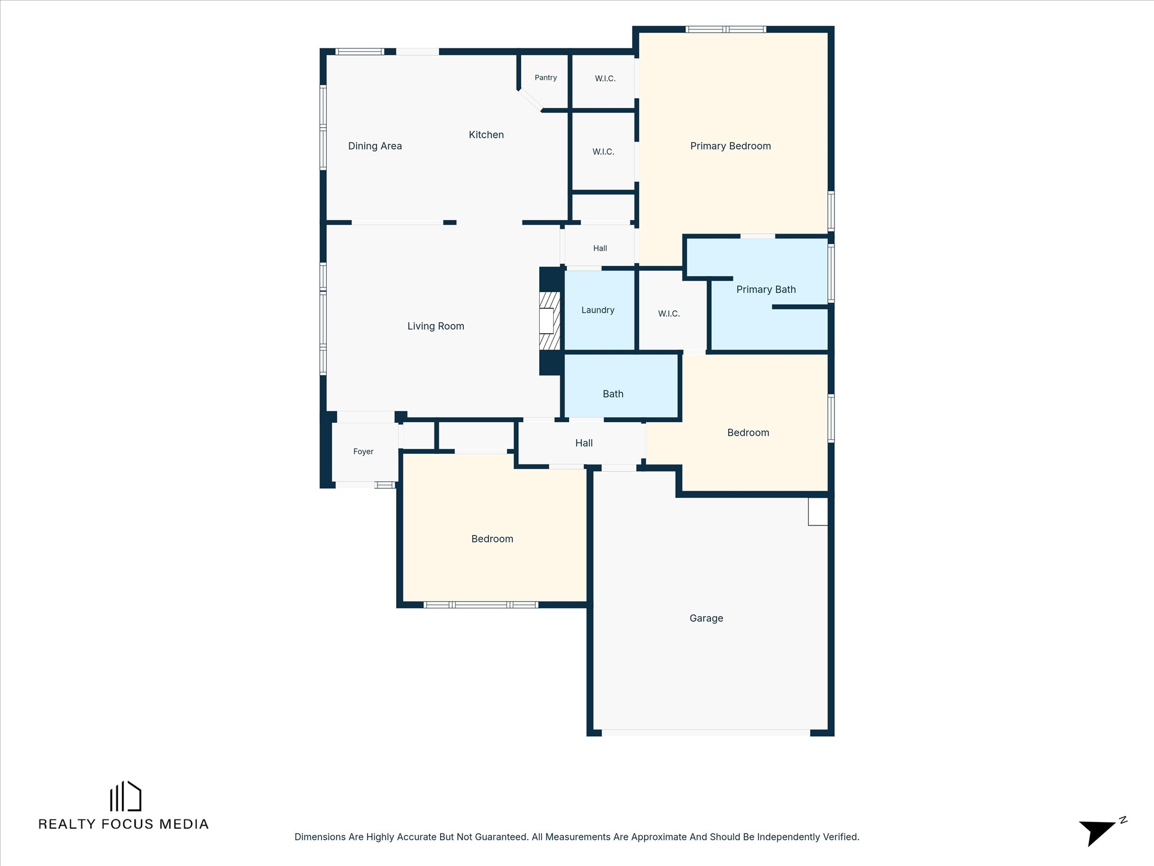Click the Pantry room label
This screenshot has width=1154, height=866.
[545, 78]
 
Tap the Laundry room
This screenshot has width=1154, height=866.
[599, 311]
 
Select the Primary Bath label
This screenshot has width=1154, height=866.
[766, 289]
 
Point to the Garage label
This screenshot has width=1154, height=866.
[706, 618]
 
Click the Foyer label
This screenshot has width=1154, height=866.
[363, 452]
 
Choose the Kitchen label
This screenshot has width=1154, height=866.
[486, 135]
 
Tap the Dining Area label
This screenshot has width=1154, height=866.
[375, 146]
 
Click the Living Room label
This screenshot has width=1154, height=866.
[436, 326]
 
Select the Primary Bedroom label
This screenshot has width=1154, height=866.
[730, 146]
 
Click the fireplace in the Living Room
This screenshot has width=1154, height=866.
[549, 321]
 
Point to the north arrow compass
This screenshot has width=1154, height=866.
[1102, 832]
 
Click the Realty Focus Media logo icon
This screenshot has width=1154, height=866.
[125, 796]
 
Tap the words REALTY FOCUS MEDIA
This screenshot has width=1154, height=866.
[123, 824]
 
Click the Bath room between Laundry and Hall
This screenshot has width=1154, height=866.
[621, 386]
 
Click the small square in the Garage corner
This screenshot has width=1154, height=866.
[818, 511]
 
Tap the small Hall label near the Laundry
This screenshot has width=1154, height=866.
[600, 248]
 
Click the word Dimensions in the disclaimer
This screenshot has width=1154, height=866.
[319, 837]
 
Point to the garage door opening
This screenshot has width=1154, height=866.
[706, 732]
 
